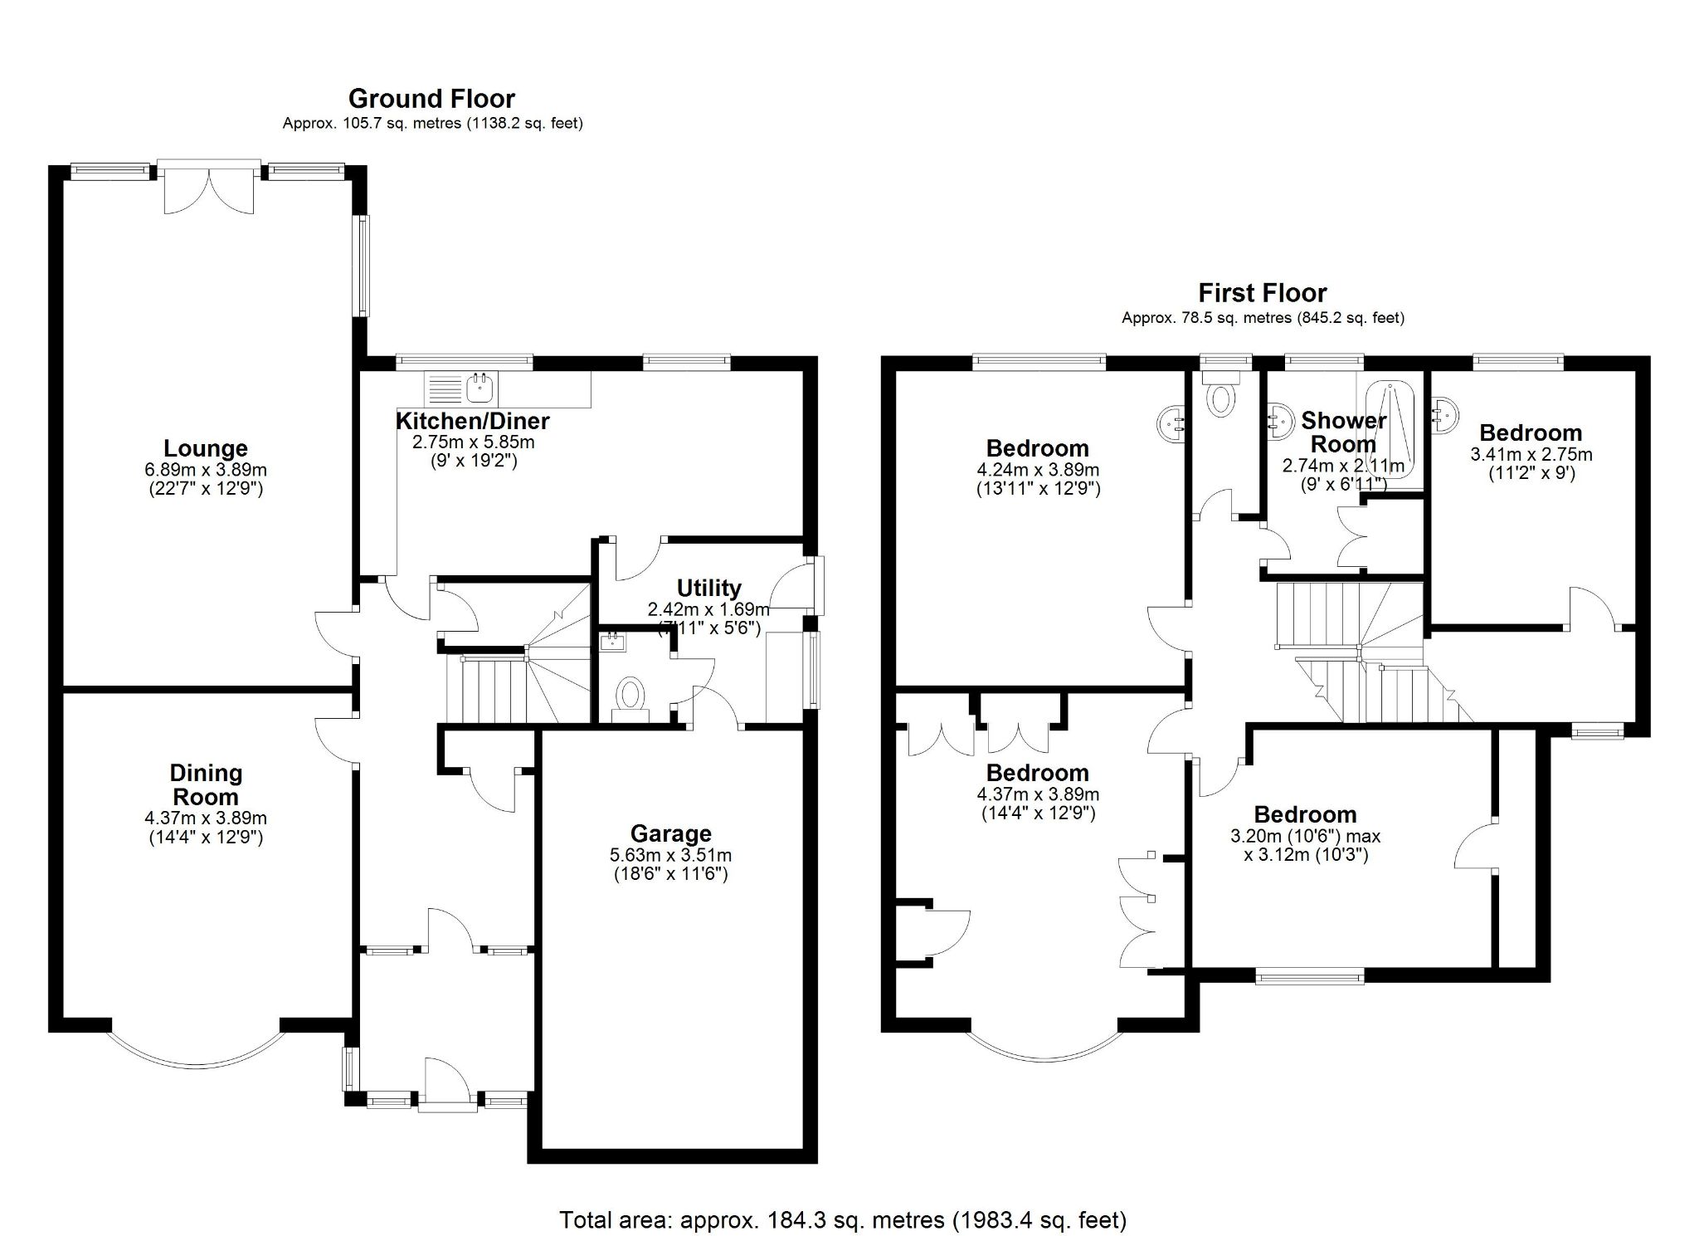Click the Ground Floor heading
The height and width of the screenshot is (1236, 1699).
coord(431,99)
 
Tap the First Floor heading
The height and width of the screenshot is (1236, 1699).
coord(1262,293)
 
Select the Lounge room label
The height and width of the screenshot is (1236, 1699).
coord(205,449)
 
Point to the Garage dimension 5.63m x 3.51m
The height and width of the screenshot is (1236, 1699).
coord(670,855)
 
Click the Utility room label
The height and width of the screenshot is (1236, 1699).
coord(708,588)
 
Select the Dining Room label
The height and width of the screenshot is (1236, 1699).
coord(206,784)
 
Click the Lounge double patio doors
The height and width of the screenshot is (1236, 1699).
coord(209,189)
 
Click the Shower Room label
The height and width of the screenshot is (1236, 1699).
coord(1343,432)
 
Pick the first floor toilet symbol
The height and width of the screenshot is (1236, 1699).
coord(1221,398)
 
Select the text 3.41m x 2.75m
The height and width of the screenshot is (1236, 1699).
coord(1531,455)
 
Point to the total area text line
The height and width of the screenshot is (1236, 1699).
coord(842,1219)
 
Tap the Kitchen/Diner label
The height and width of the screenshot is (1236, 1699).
coord(472,421)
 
